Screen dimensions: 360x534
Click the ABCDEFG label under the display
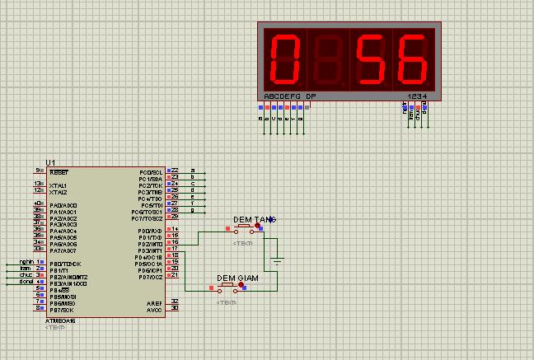pos(283,96)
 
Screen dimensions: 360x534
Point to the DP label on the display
pos(311,96)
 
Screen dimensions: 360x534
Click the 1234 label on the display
pos(418,96)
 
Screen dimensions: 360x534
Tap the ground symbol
pos(278,262)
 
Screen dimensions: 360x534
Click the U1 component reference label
pos(51,162)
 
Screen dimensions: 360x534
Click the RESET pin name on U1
pos(59,172)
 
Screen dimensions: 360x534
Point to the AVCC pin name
pos(155,308)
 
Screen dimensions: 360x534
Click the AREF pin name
pos(155,302)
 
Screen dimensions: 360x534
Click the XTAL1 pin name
pos(59,185)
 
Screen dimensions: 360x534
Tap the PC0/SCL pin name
pos(151,172)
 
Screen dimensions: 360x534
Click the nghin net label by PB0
pos(25,262)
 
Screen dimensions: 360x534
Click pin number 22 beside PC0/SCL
pos(175,171)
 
